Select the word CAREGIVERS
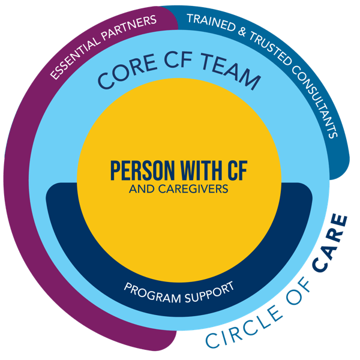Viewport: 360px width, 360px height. pyautogui.click(x=193, y=189)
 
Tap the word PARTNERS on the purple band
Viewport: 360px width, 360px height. pyautogui.click(x=129, y=28)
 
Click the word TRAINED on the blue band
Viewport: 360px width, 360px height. pyautogui.click(x=211, y=22)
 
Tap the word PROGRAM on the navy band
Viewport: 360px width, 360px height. pyautogui.click(x=152, y=293)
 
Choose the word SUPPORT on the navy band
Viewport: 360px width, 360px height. pyautogui.click(x=209, y=292)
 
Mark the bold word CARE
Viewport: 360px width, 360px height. pyautogui.click(x=331, y=244)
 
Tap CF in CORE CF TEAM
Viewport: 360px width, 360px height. pyautogui.click(x=179, y=60)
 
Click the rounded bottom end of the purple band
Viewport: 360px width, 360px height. pyautogui.click(x=163, y=342)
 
